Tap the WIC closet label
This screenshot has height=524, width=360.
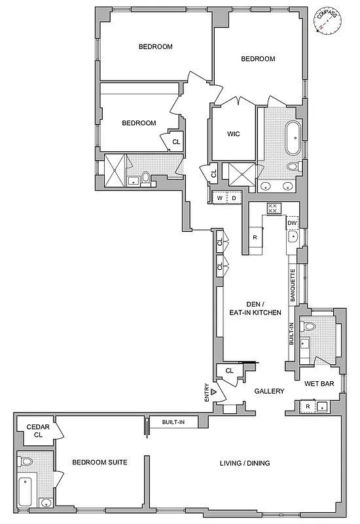pos(234,134)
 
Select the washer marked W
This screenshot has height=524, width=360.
pos(220,198)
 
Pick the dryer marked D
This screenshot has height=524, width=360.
pos(234,198)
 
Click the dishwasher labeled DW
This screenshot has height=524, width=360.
pos(292,224)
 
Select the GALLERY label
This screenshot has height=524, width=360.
pos(270,391)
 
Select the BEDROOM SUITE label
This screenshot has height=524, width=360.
pos(99,462)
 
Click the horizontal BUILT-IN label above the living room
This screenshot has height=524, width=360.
pos(173,422)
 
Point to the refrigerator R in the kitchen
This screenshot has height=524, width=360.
pos(255,236)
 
